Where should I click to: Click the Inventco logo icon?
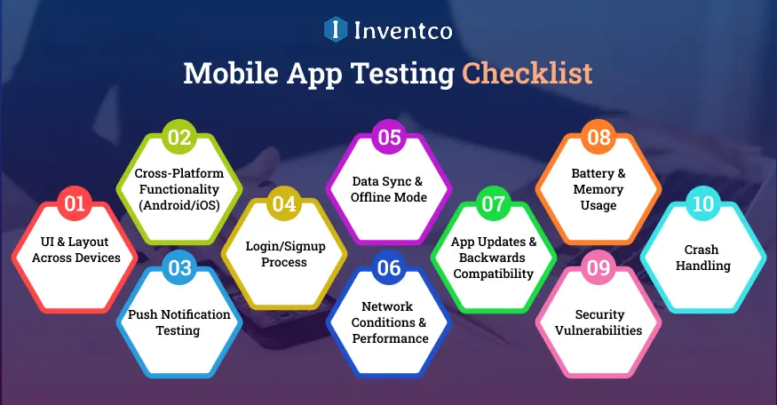coord(335,30)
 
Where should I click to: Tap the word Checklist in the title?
coord(527,74)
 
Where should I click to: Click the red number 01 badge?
coord(75,204)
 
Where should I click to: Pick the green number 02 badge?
coord(179,138)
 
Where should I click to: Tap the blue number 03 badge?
coord(179,268)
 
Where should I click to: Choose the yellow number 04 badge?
coord(284,204)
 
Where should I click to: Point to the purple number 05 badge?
coord(389,138)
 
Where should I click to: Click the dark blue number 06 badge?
coord(389,268)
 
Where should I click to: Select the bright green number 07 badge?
coord(494,204)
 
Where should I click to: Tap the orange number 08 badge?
coord(599,138)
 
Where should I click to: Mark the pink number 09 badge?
coord(599,268)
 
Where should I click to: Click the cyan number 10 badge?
coord(703,204)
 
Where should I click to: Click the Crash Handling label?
coord(702,258)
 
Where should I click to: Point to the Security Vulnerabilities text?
coord(599,322)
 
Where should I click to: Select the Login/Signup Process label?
coord(284,254)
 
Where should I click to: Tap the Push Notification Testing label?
coord(179,322)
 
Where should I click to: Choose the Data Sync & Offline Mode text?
coord(389,188)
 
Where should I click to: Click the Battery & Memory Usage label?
coord(597,189)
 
